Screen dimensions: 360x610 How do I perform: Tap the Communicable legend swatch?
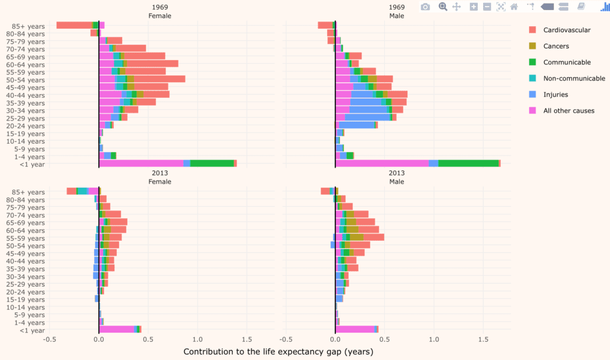click(x=533, y=62)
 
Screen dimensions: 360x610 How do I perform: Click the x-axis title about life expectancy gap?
click(x=278, y=352)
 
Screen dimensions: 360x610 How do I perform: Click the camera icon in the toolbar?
click(x=425, y=7)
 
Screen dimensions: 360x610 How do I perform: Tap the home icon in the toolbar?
click(x=513, y=7)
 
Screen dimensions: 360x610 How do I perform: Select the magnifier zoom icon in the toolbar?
click(x=443, y=7)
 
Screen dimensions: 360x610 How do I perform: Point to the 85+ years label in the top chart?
click(x=28, y=26)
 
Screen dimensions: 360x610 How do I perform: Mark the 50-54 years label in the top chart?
click(x=28, y=80)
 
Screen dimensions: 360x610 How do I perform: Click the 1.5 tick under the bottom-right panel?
click(x=483, y=339)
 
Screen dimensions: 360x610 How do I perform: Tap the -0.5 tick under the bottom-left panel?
click(x=49, y=339)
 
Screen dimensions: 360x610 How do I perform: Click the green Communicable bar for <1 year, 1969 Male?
click(x=468, y=163)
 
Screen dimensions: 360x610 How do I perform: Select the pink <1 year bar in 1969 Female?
click(x=141, y=163)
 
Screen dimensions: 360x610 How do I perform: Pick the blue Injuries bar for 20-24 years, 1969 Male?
click(x=356, y=125)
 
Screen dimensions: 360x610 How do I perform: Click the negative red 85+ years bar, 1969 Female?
click(x=74, y=25)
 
